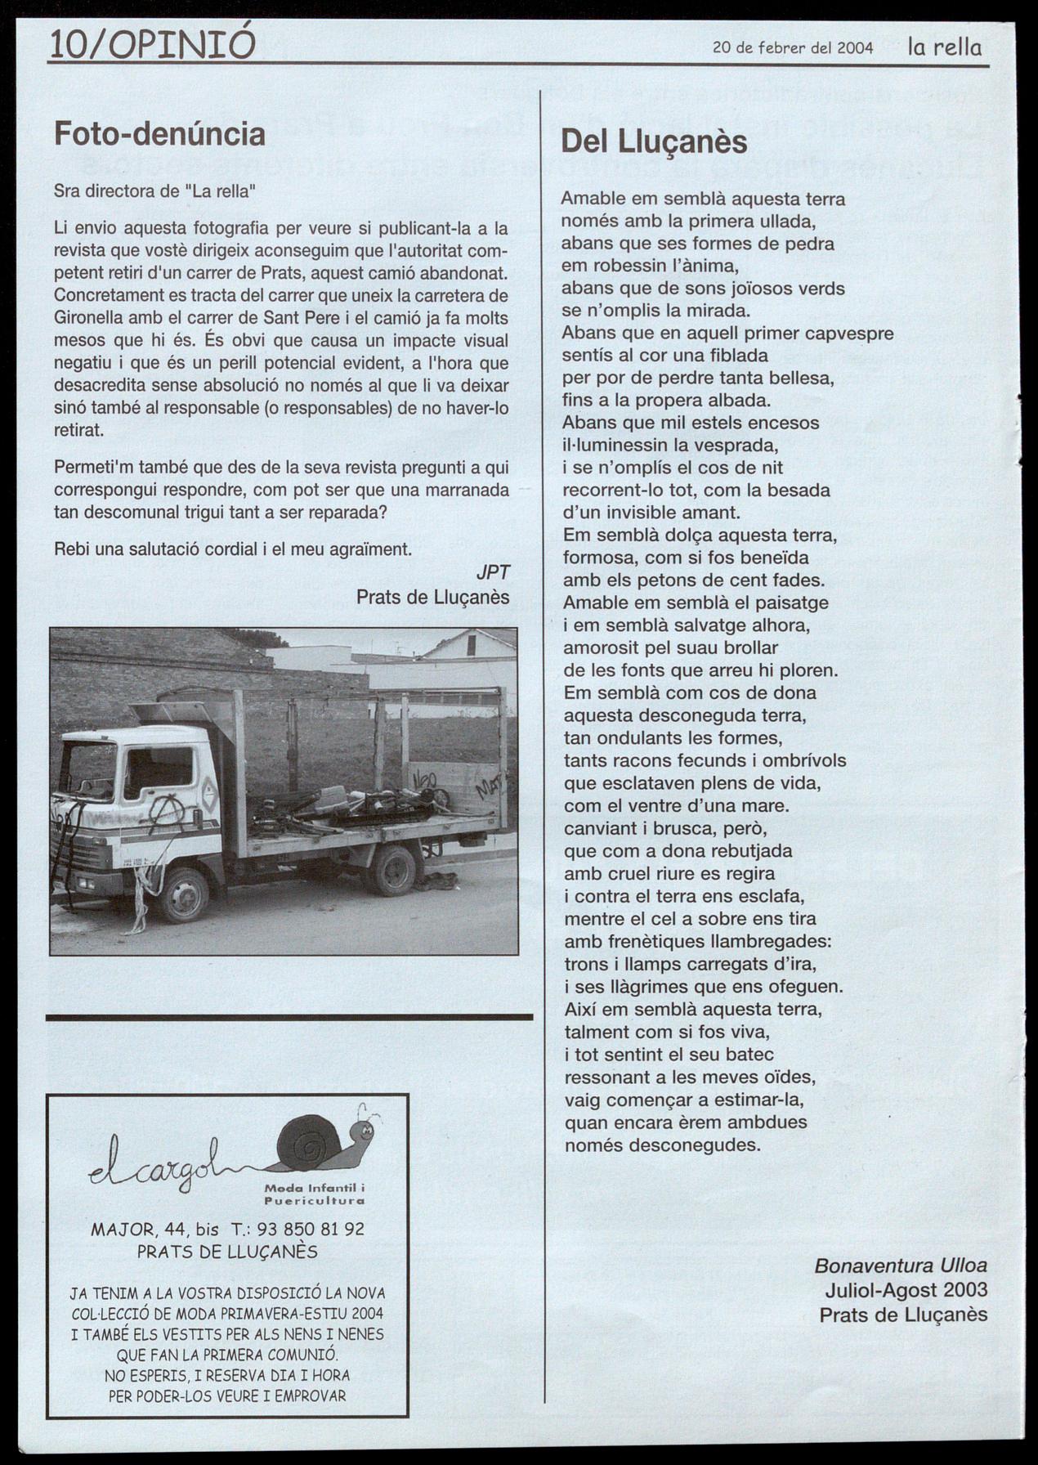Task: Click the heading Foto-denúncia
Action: click(159, 134)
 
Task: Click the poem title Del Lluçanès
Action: click(654, 142)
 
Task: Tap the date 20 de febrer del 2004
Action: click(793, 48)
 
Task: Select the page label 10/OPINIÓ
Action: click(152, 44)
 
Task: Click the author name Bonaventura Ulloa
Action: click(901, 1266)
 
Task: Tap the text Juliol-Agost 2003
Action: click(906, 1290)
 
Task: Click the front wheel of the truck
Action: click(183, 894)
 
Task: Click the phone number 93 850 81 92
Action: click(311, 1229)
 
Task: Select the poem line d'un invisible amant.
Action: click(651, 513)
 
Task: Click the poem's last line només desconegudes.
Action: click(662, 1145)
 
